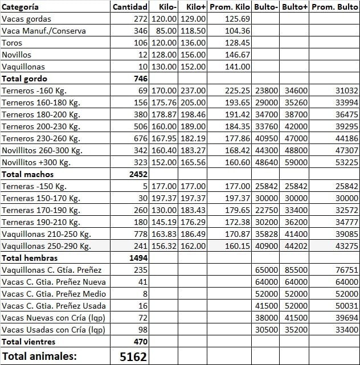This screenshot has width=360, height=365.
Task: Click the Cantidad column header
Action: [x=130, y=7]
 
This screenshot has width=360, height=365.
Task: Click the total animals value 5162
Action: [x=134, y=357]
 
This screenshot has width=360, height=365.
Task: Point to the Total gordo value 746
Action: [x=140, y=79]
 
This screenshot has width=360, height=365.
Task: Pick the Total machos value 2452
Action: [x=137, y=174]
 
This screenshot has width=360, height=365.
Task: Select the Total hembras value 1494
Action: [x=137, y=258]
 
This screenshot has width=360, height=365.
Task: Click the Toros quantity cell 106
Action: [x=140, y=43]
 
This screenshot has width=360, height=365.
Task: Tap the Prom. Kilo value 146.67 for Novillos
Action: [x=238, y=55]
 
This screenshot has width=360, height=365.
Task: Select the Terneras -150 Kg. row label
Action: [x=34, y=186]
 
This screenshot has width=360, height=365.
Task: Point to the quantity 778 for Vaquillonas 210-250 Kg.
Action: [x=140, y=234]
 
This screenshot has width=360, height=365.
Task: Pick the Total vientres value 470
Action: [x=140, y=342]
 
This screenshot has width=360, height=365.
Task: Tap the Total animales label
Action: [x=39, y=356]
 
